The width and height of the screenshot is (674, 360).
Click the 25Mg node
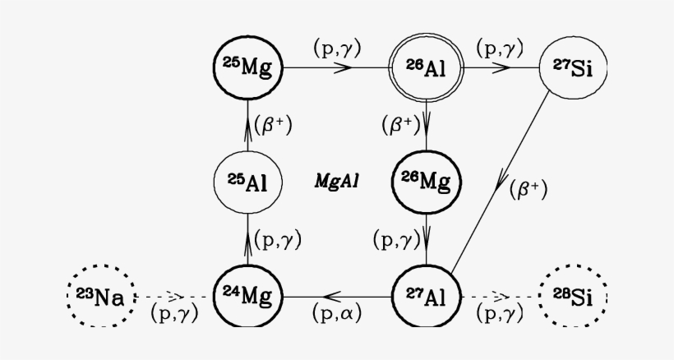247,68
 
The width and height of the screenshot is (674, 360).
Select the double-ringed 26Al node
425,68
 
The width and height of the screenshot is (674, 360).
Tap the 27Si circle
572,68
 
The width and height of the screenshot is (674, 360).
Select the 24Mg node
247,294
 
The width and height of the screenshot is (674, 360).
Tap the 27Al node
425,294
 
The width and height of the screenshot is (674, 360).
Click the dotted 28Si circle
572,295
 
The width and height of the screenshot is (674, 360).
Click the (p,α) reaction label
337,313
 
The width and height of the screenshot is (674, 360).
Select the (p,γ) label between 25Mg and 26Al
337,47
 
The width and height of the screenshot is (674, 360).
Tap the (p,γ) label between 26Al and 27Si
499,47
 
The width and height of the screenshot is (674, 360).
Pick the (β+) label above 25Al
273,125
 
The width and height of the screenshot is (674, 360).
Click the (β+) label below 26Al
401,125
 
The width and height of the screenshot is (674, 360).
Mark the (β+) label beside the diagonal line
528,188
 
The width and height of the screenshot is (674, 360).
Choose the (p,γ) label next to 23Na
173,312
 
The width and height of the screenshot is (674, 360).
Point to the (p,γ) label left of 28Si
499,312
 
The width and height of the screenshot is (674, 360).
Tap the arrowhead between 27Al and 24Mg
335,294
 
